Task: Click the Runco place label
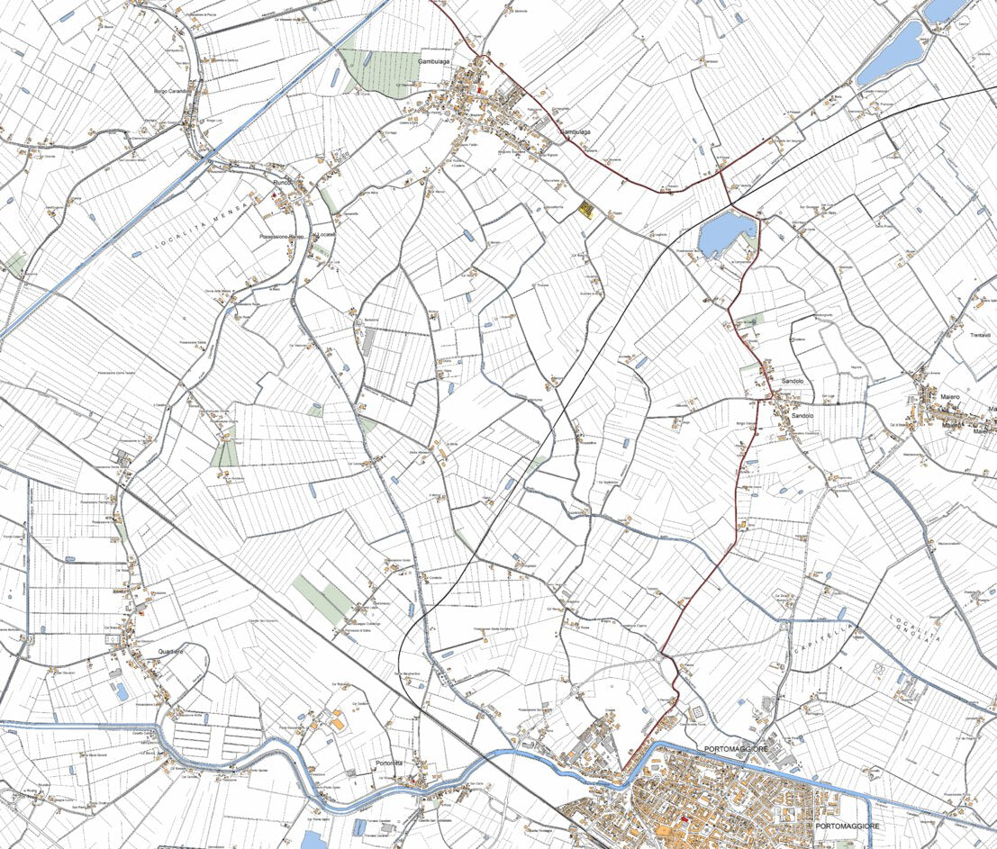click(x=283, y=183)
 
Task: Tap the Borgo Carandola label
click(x=174, y=92)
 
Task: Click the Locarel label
click(x=324, y=234)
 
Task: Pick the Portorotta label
click(x=389, y=763)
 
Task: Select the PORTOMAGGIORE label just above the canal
click(x=735, y=749)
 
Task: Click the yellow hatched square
click(x=586, y=209)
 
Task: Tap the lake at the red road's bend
click(x=725, y=232)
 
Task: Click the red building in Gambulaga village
click(x=480, y=91)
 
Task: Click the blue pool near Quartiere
click(x=122, y=691)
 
